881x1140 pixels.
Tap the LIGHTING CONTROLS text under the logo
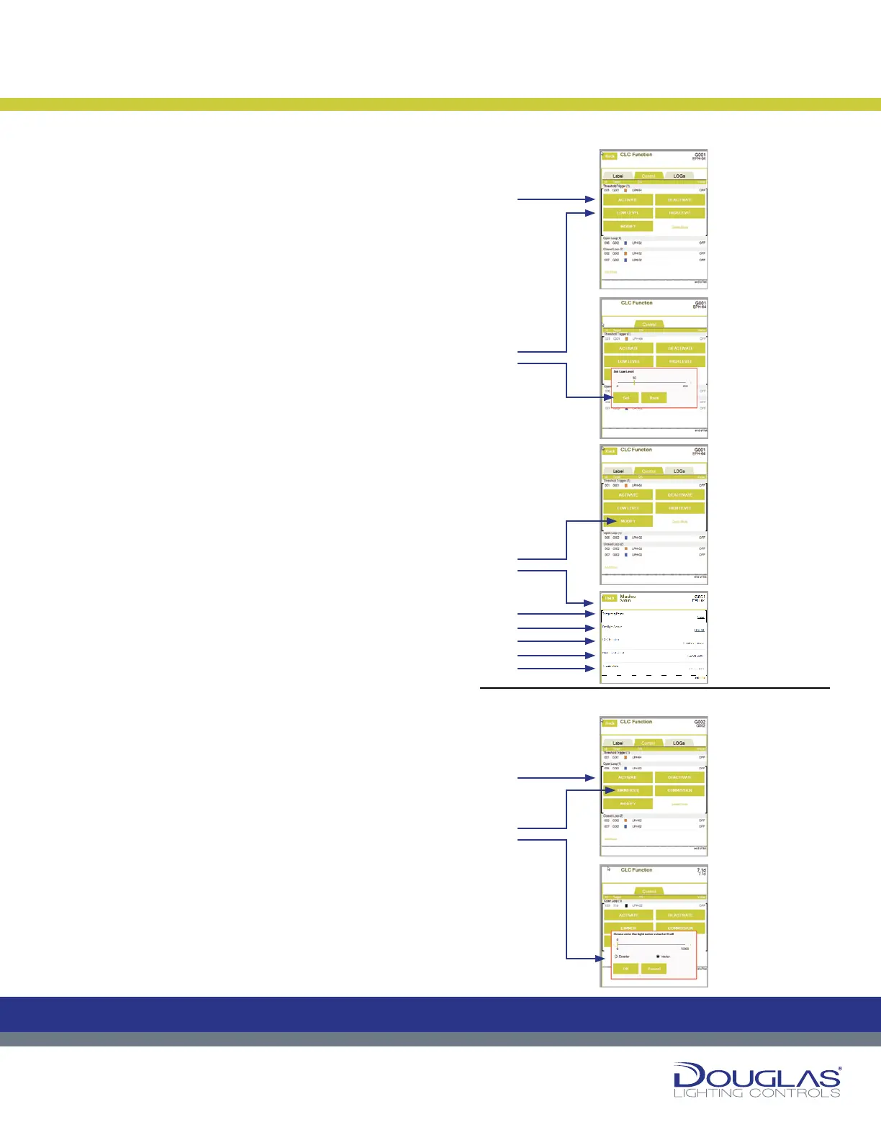click(x=756, y=1093)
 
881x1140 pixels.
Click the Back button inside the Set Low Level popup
click(x=654, y=397)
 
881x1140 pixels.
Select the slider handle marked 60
click(x=634, y=383)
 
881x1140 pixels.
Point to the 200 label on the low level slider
click(x=685, y=386)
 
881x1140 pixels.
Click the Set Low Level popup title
click(x=623, y=371)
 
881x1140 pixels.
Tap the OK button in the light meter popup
click(x=625, y=969)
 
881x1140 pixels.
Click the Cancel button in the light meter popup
click(x=654, y=969)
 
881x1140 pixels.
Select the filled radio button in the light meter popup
click(x=658, y=956)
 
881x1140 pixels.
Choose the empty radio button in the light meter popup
click(x=617, y=956)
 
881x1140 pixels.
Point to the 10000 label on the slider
click(x=685, y=949)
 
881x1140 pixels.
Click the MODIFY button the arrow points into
click(x=628, y=521)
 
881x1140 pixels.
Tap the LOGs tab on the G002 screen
click(x=679, y=743)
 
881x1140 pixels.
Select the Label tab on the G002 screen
click(x=618, y=743)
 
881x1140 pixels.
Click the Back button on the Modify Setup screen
click(x=610, y=598)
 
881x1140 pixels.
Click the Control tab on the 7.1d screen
click(x=649, y=891)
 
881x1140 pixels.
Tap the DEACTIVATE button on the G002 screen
click(x=679, y=777)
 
